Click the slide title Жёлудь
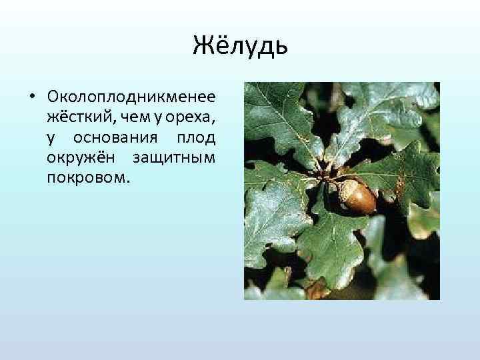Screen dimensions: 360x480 tap(240, 47)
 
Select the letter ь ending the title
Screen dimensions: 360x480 tap(280, 47)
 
